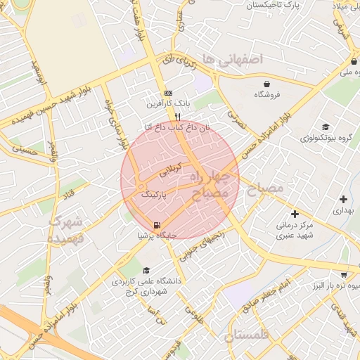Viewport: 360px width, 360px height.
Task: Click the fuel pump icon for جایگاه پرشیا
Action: pyautogui.click(x=155, y=225)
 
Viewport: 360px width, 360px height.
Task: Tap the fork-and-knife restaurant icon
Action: pyautogui.click(x=179, y=117)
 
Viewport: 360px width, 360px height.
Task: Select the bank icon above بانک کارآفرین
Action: pyautogui.click(x=167, y=93)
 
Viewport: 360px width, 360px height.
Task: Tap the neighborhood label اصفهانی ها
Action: pyautogui.click(x=231, y=59)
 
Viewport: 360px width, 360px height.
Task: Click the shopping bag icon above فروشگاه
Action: pyautogui.click(x=266, y=82)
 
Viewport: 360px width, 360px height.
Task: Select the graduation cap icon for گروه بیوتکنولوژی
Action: pyautogui.click(x=325, y=127)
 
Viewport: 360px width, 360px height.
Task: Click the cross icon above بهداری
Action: pyautogui.click(x=342, y=199)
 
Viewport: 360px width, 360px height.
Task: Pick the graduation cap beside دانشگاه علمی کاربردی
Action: pyautogui.click(x=146, y=270)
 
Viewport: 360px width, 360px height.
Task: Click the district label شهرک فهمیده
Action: pyautogui.click(x=65, y=230)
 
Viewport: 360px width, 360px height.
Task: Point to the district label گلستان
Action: pyautogui.click(x=247, y=335)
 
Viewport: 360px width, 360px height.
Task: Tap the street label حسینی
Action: pyautogui.click(x=23, y=148)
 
